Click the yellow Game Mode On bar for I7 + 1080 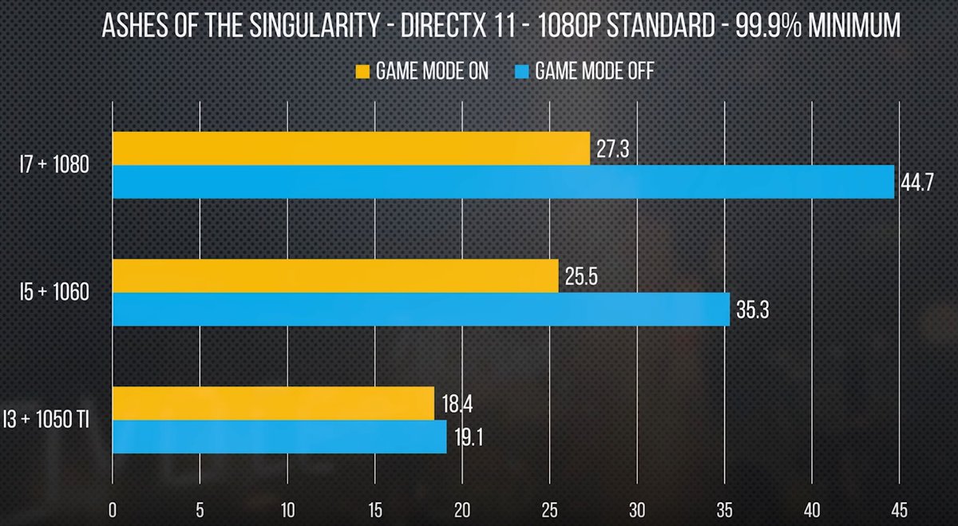click(x=351, y=148)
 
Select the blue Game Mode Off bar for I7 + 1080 click(x=503, y=182)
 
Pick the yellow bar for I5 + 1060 click(x=335, y=275)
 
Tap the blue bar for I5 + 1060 click(x=421, y=310)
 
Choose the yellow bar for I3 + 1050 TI click(x=273, y=403)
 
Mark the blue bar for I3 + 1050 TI click(x=279, y=437)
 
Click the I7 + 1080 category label click(x=53, y=165)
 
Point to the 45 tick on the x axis click(x=899, y=508)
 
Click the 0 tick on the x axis click(x=113, y=508)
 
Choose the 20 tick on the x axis click(x=462, y=508)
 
